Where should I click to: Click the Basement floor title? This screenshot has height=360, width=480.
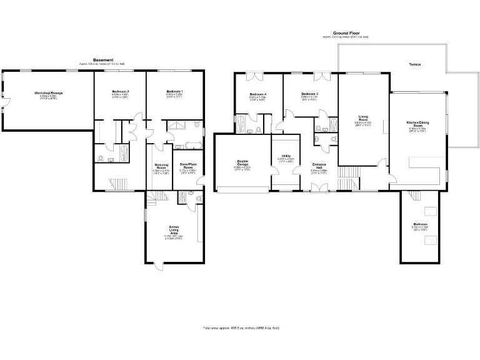tap(102, 60)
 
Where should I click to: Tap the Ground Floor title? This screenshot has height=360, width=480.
tap(345, 32)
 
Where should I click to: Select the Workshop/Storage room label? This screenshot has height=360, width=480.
tap(48, 93)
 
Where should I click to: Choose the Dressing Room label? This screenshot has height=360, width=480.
tap(161, 167)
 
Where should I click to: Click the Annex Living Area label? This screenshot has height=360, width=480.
tap(174, 229)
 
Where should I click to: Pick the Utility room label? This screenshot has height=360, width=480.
tap(285, 157)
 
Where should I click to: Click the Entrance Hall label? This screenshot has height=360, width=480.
tap(319, 167)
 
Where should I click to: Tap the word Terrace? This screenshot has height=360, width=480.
tap(415, 64)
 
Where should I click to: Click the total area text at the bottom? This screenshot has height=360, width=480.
tap(241, 327)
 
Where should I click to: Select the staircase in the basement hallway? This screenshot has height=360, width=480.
tap(118, 183)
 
